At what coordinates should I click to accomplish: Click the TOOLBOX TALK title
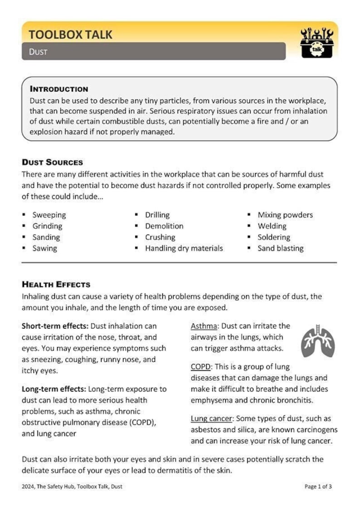70,34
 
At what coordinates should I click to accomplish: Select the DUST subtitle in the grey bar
38,52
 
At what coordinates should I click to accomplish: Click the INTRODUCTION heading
59,89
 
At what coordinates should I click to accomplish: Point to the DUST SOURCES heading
52,162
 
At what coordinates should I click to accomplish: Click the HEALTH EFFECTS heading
56,284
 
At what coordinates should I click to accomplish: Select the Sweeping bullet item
49,215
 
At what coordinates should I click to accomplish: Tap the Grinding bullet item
47,226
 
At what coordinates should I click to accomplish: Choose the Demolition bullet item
164,226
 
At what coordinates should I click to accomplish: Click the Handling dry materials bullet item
184,248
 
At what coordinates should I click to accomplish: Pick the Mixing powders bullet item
285,215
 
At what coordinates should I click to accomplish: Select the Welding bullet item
272,226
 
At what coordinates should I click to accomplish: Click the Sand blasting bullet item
280,248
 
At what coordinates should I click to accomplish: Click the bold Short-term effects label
55,326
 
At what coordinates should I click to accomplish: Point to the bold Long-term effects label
54,389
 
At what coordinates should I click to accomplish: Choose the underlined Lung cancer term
211,419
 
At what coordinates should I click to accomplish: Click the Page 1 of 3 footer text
318,487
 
